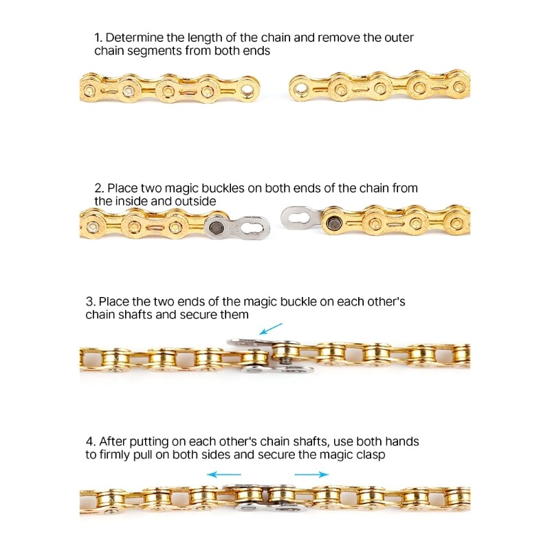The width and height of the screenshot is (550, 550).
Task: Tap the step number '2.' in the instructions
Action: [x=99, y=188]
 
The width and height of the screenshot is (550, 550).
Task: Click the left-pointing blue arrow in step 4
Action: [x=224, y=474]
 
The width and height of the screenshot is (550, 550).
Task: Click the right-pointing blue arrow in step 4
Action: [x=311, y=474]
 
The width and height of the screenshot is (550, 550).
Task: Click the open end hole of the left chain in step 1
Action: [x=246, y=89]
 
